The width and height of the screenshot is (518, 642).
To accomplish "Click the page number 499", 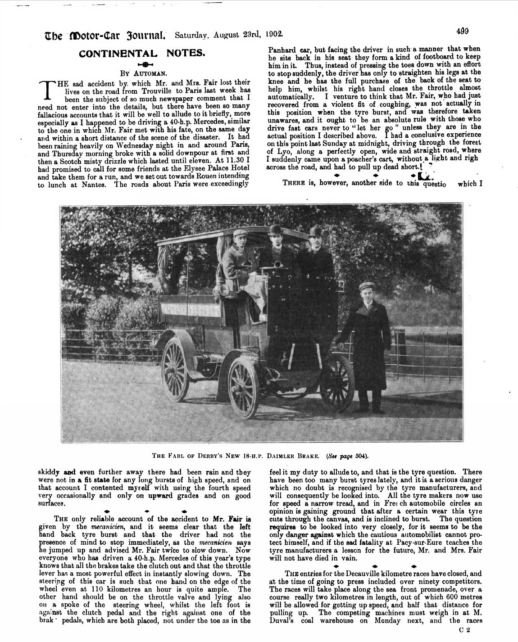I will [462, 32].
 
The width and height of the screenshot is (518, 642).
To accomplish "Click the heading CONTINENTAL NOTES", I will [142, 53].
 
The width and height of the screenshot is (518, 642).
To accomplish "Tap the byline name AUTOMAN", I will [149, 72].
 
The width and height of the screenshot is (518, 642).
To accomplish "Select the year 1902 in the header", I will [274, 34].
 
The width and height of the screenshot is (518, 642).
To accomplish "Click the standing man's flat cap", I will [368, 287].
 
